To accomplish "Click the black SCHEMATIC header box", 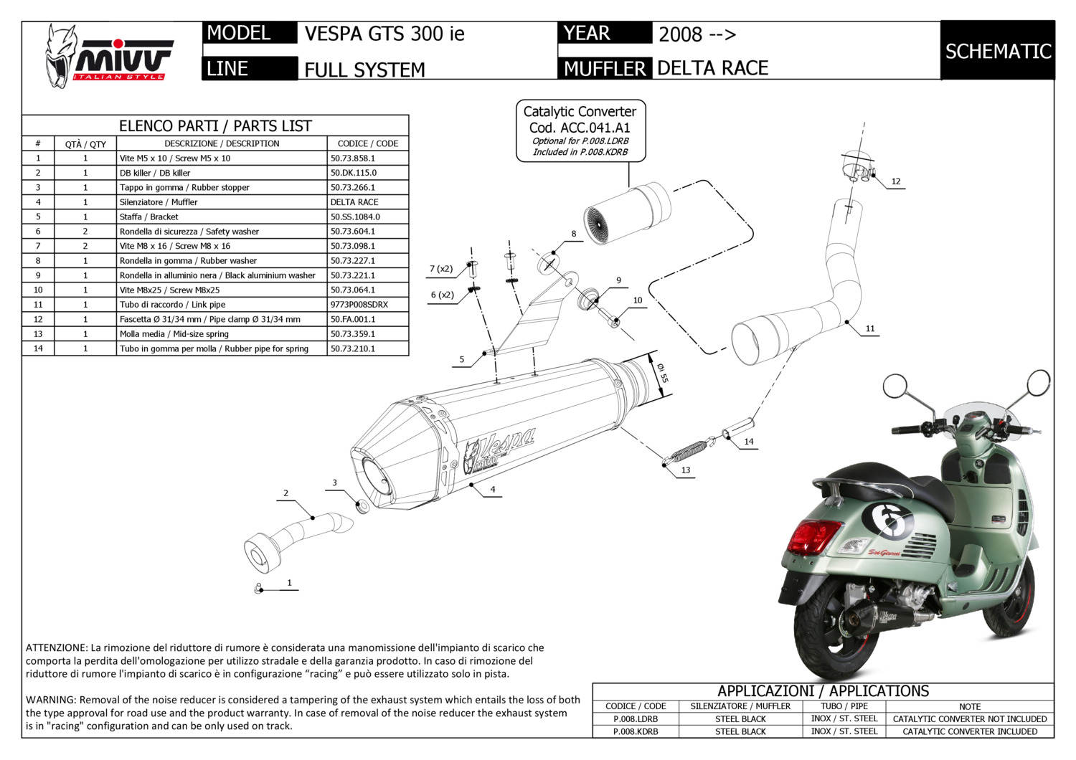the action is (x=998, y=50).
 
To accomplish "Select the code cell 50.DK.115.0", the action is (x=367, y=173).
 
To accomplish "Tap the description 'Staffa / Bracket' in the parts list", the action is (x=149, y=217).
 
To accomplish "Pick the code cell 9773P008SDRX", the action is (x=367, y=305).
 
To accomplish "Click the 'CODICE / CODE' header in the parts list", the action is (x=367, y=143).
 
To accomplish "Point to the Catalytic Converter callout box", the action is (x=580, y=131).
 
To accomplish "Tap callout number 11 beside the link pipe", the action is (x=870, y=329).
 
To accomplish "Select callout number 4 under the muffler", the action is (x=493, y=489).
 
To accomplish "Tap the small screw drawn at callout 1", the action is (x=258, y=588).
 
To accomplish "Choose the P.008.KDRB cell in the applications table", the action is (x=636, y=731).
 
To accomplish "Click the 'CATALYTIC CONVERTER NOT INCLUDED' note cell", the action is (x=970, y=718).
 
